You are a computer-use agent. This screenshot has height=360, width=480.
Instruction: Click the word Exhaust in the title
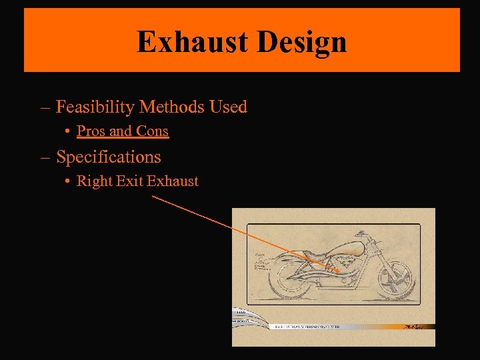(192, 42)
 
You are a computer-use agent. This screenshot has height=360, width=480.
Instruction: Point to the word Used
(228, 107)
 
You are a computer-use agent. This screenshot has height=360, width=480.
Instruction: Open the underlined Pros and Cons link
(123, 131)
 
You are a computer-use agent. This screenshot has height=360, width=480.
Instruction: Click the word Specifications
(109, 157)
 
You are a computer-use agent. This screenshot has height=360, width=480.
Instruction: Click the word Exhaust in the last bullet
(173, 181)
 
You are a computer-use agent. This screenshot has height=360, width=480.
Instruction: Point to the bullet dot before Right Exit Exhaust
(69, 181)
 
